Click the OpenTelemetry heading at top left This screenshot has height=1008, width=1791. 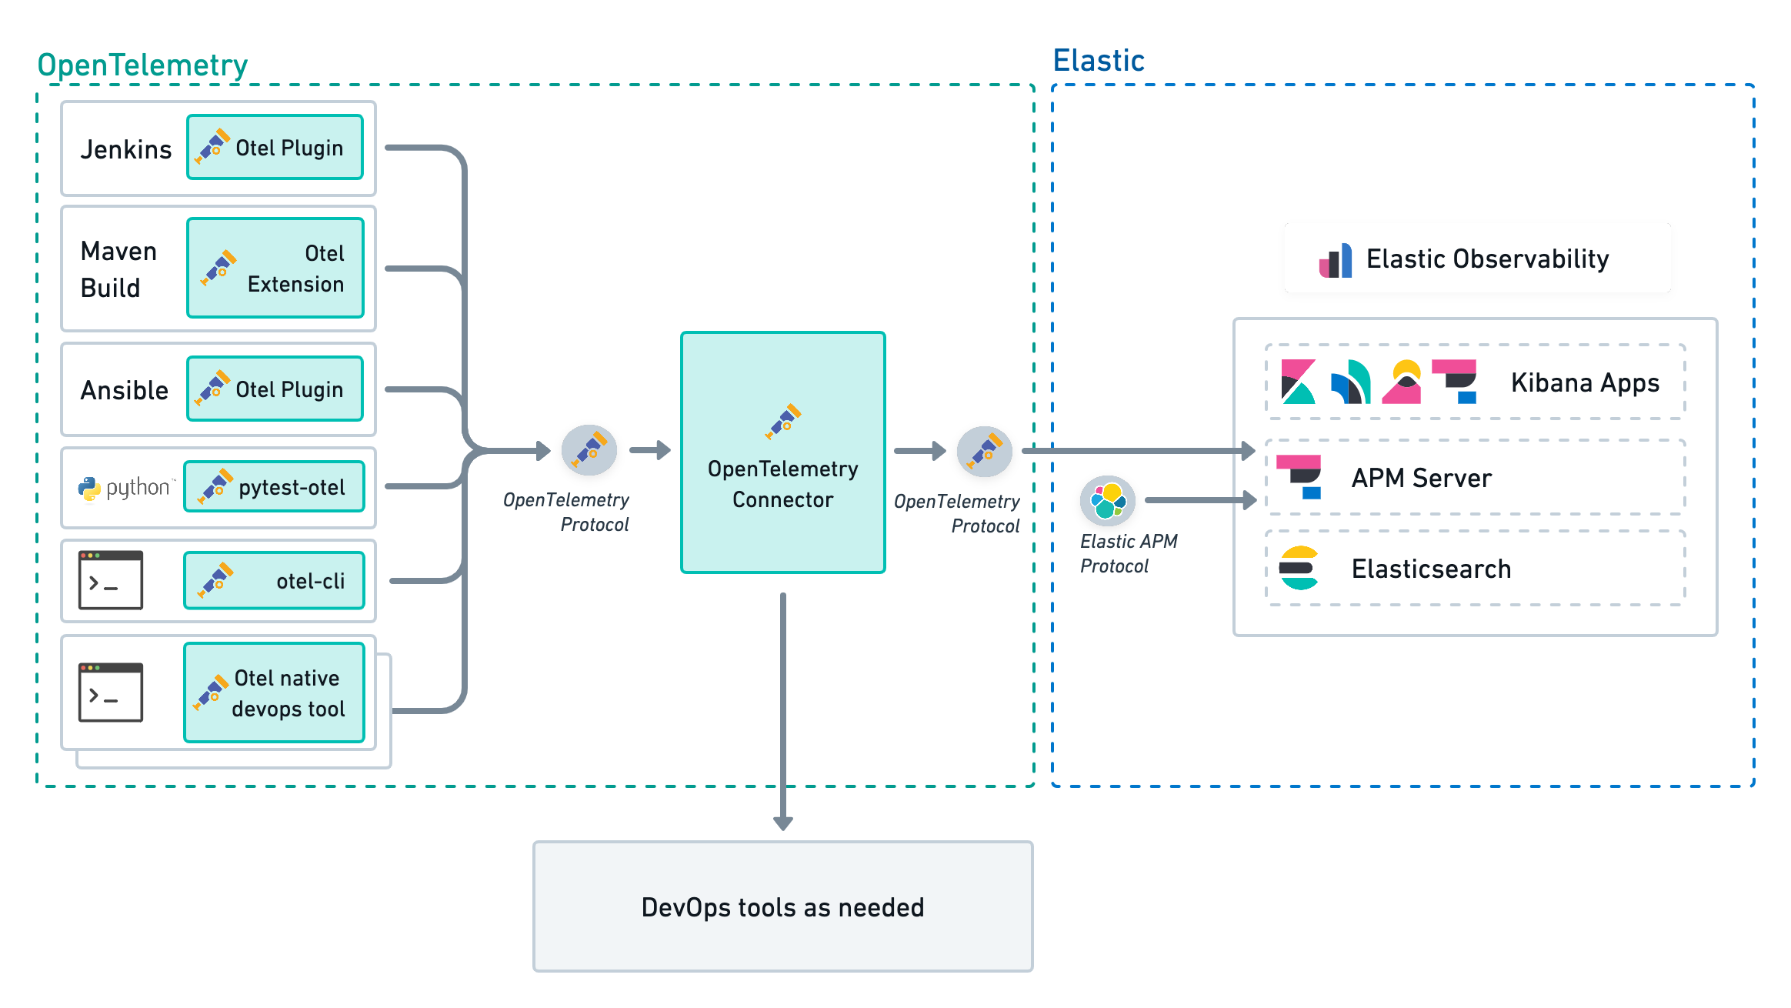point(142,65)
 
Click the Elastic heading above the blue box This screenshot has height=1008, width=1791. point(1099,61)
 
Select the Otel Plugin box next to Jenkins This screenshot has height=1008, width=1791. point(275,147)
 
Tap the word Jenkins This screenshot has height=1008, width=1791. point(126,149)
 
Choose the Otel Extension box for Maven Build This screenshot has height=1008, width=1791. point(275,268)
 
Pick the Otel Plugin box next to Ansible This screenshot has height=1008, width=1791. point(275,389)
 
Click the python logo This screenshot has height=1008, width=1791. point(90,488)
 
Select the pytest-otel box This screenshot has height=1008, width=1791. point(274,486)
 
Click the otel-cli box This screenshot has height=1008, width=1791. point(274,580)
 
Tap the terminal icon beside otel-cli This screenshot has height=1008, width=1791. point(111,580)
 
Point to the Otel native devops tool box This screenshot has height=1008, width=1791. point(274,693)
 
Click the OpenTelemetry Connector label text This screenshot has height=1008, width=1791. point(782,484)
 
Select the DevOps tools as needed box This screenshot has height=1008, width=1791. point(782,906)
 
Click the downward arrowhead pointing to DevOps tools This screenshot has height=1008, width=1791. point(782,822)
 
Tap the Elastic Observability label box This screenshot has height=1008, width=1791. point(1477,258)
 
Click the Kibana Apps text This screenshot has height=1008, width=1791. point(1585,382)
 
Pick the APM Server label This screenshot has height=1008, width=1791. point(1421,478)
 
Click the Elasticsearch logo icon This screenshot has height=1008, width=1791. point(1299,568)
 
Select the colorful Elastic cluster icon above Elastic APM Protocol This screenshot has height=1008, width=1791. point(1108,500)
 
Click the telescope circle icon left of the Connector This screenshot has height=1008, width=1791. point(589,450)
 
